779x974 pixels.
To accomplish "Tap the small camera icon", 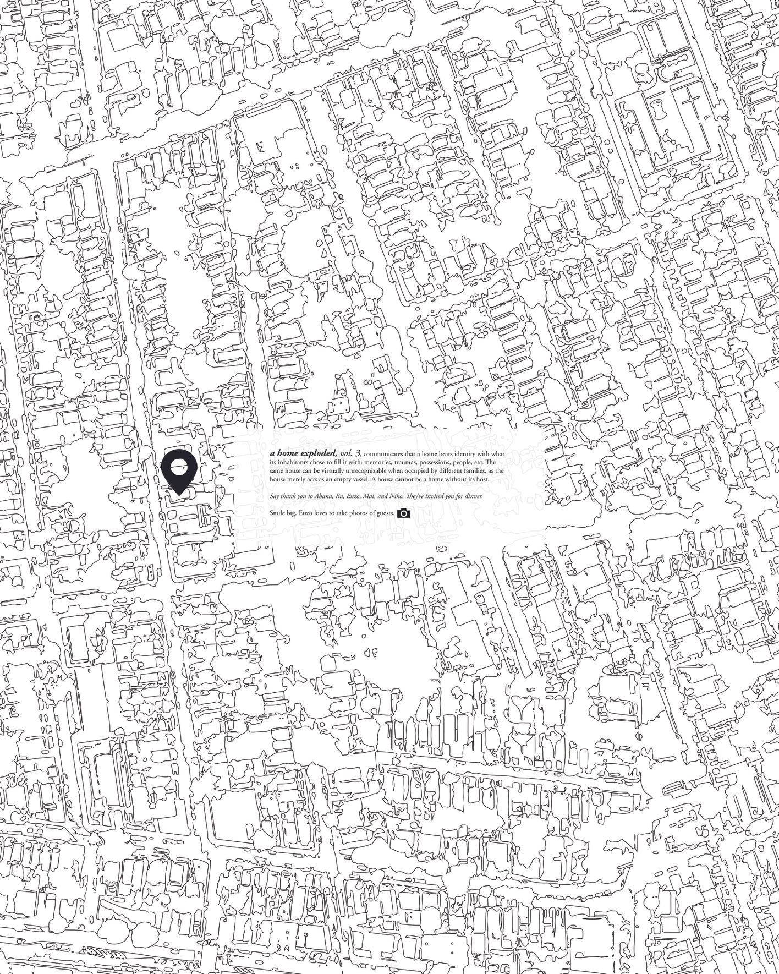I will point(403,513).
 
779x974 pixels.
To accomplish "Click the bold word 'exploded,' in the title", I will point(319,453).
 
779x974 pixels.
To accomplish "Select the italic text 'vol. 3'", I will point(350,453).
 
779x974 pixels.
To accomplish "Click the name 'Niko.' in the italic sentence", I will point(397,496).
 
